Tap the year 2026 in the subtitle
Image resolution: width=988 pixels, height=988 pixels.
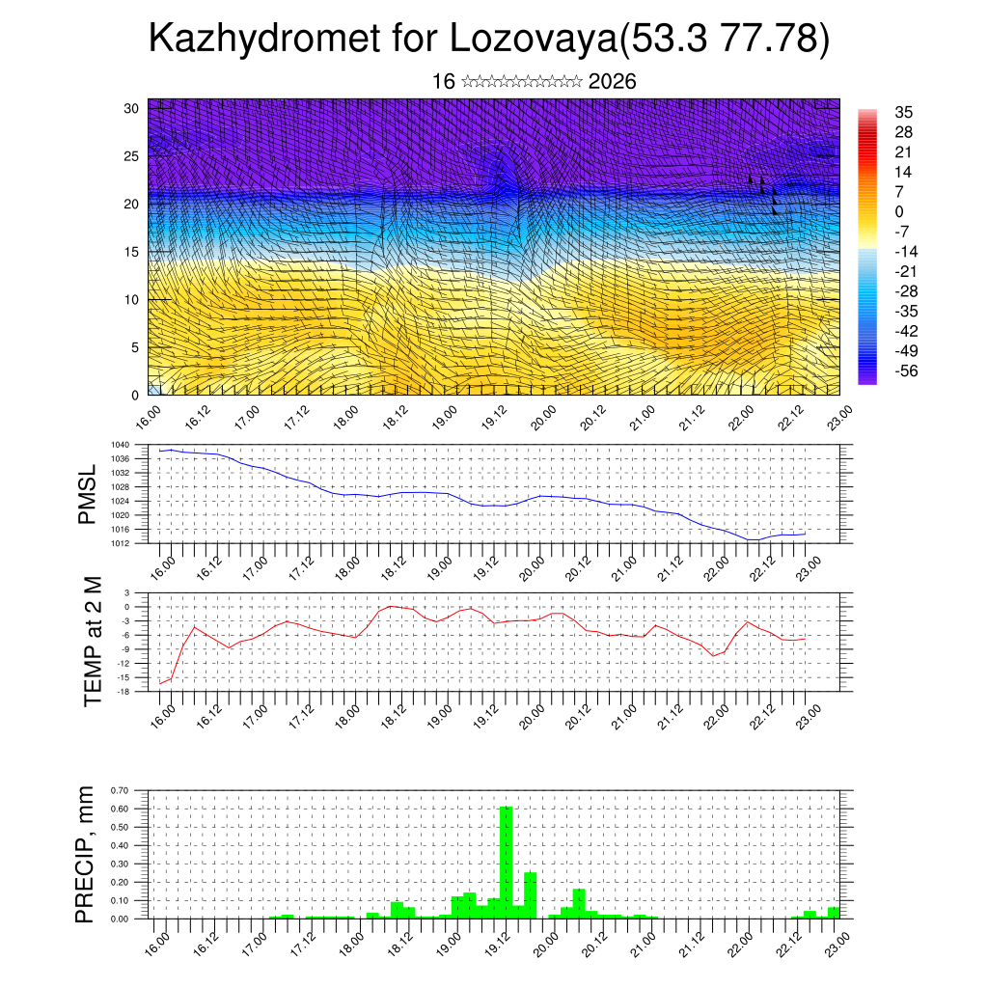pos(612,82)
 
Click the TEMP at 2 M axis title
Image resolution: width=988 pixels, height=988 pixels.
pos(93,641)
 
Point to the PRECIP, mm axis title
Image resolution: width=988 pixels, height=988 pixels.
pos(88,854)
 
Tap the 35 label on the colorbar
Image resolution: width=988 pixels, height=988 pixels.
pos(904,113)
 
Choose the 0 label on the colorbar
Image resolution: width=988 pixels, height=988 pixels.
pos(900,211)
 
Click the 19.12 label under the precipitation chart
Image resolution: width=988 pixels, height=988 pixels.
pos(497,940)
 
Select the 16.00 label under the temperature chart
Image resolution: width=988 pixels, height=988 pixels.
pos(161,713)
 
